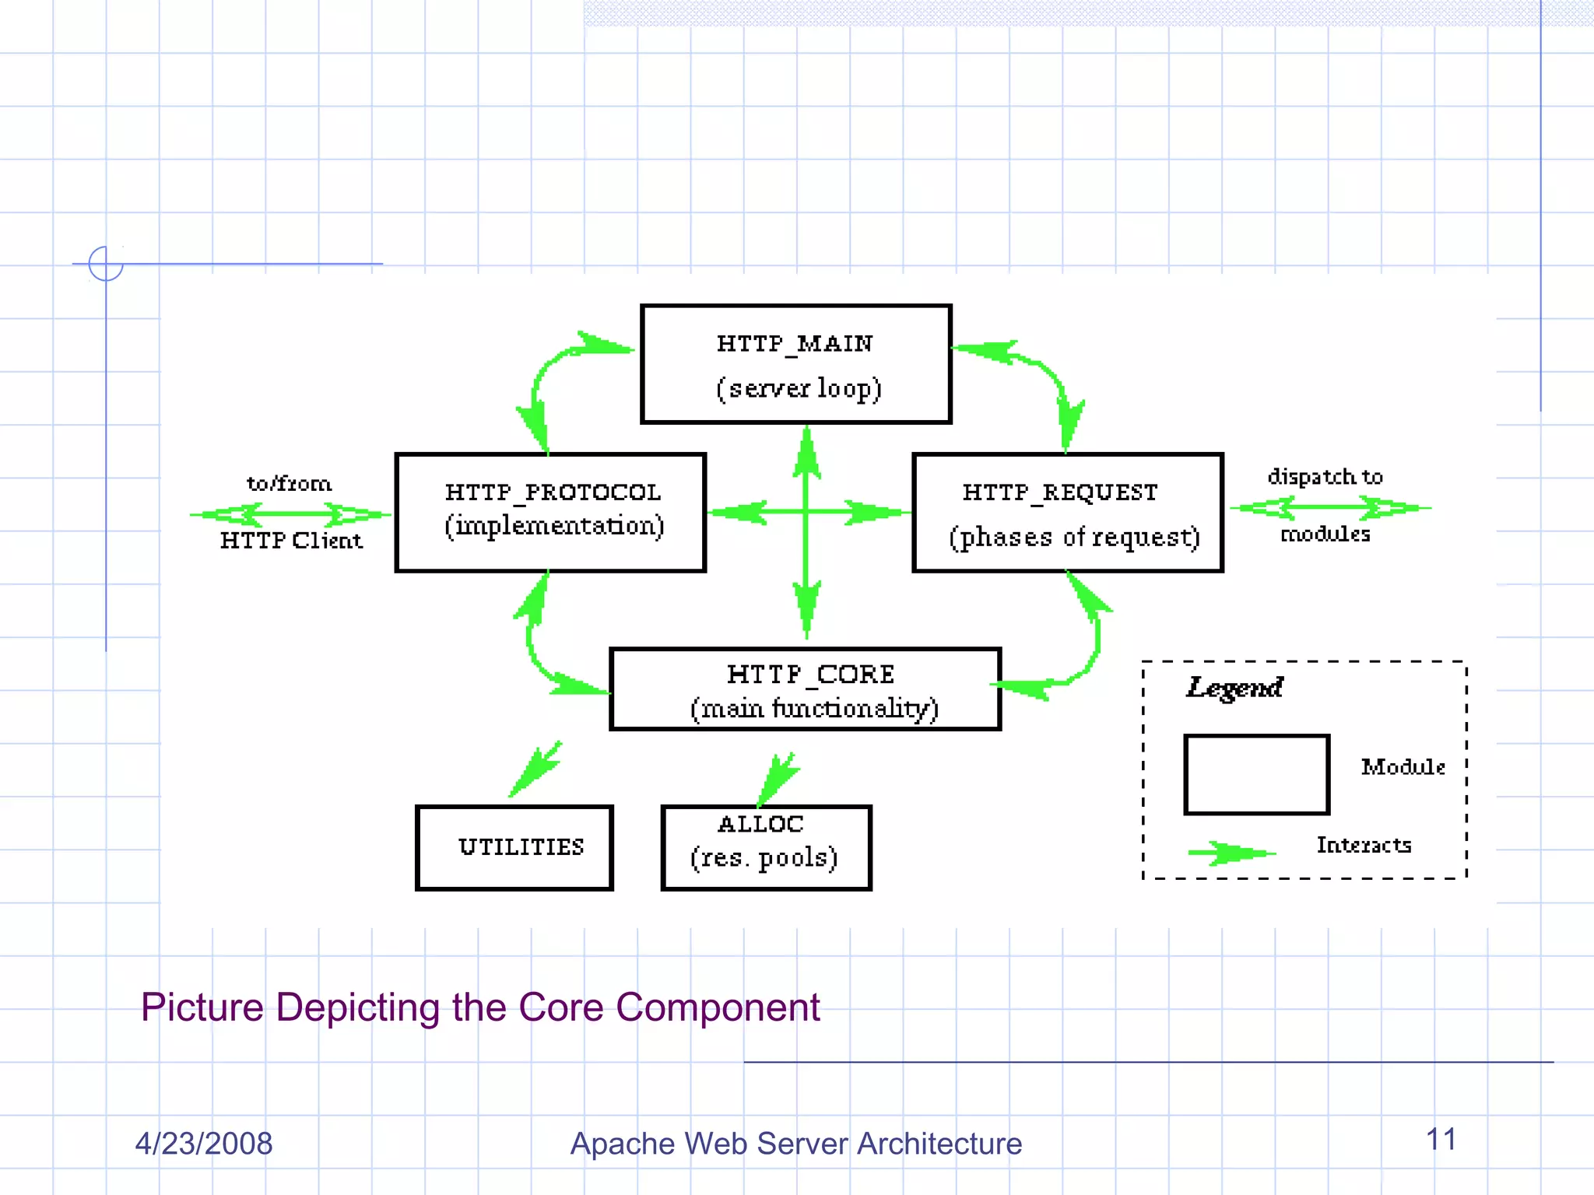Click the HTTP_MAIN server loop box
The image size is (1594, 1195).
pos(795,364)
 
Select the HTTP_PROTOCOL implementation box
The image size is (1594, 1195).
pos(550,513)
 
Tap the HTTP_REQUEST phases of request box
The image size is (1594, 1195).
pos(1067,513)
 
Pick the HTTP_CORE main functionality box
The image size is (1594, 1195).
pos(805,689)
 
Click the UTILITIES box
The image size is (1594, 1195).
pos(514,847)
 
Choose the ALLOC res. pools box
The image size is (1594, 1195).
pos(766,847)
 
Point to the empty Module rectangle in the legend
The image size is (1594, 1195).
pos(1256,774)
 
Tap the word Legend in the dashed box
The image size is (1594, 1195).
pos(1234,688)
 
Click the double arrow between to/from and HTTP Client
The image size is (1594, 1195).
pos(290,513)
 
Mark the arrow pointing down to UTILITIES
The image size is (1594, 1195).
pos(535,769)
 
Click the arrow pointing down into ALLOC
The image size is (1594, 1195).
pos(778,778)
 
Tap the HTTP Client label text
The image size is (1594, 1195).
pos(291,541)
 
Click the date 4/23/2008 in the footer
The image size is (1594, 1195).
pos(204,1143)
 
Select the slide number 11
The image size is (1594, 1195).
pos(1441,1139)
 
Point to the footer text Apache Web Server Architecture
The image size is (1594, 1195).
pos(795,1143)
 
